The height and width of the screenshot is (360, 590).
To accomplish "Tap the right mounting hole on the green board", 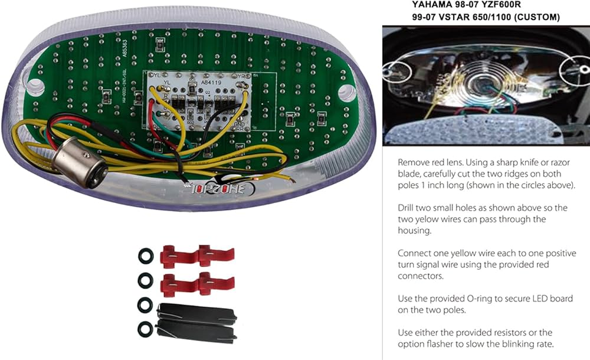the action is pos(348,91).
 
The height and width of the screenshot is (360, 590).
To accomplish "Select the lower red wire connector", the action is pos(197,284).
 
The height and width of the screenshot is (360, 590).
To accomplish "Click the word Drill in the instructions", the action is pos(408,207).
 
